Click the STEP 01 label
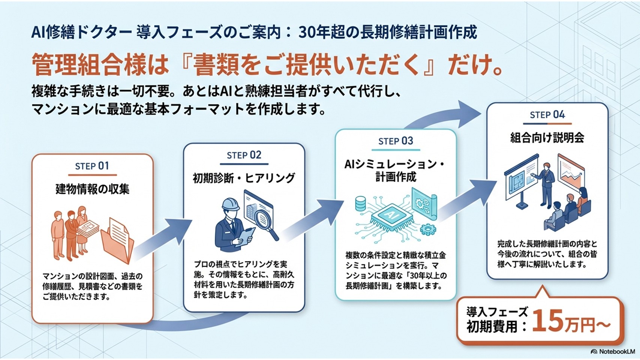[x=92, y=166]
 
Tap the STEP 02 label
[x=244, y=155]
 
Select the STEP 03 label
[x=396, y=141]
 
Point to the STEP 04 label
[x=547, y=115]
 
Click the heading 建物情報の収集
[x=92, y=189]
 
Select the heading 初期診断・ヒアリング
[x=244, y=178]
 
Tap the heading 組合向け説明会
[x=547, y=138]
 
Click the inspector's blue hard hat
[x=230, y=205]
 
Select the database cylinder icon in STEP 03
[x=360, y=203]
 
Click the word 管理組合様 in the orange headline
[x=88, y=64]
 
